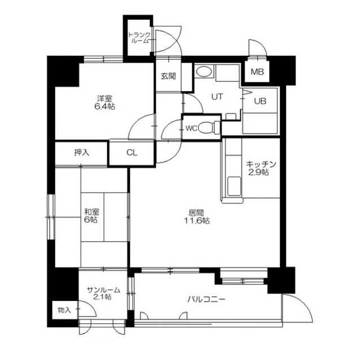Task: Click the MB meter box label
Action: click(257, 72)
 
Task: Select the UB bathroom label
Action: click(260, 101)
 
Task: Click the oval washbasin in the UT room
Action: click(204, 72)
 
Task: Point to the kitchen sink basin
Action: click(234, 186)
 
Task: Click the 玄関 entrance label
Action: click(169, 76)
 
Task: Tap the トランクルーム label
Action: click(139, 38)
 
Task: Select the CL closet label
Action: click(131, 153)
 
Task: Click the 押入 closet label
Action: click(82, 152)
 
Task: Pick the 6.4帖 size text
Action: click(105, 106)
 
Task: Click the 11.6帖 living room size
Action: click(197, 221)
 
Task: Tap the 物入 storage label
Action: click(64, 310)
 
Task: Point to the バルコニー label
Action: click(206, 299)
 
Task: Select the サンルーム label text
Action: click(103, 290)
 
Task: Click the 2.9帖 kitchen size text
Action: click(258, 172)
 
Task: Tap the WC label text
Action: click(192, 128)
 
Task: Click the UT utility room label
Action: click(217, 97)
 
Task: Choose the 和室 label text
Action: click(91, 211)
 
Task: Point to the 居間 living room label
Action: click(196, 213)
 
